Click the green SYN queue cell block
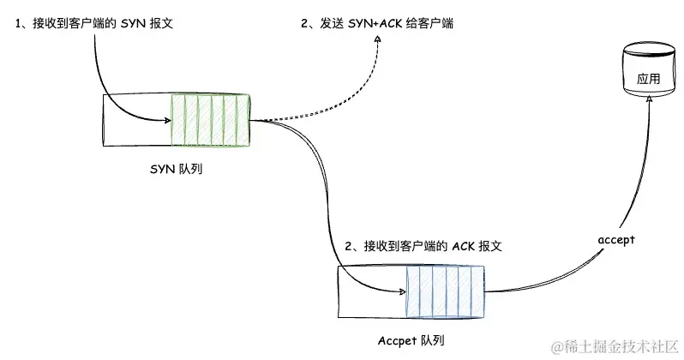point(209,119)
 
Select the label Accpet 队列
point(412,341)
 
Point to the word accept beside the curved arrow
point(615,239)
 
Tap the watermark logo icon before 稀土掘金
point(558,346)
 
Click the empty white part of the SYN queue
point(135,119)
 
